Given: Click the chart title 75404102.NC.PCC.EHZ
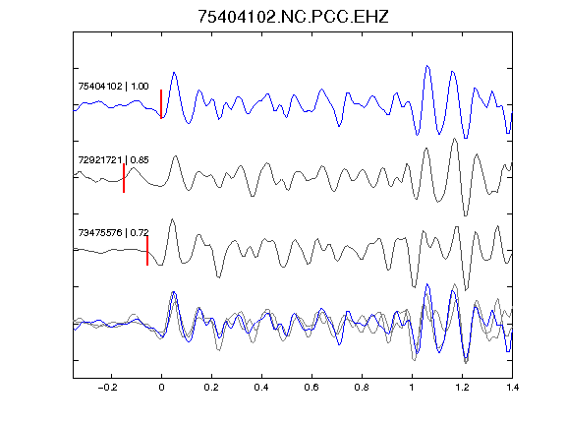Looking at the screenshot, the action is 293,17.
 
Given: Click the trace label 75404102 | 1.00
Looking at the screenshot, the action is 113,87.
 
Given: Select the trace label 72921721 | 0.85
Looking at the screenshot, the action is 113,160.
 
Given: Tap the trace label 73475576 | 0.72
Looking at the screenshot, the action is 113,233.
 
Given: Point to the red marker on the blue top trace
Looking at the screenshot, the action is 161,104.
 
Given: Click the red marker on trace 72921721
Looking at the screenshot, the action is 124,178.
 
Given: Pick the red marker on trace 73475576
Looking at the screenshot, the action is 147,251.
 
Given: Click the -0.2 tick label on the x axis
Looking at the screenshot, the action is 108,388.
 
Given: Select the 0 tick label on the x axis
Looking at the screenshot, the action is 161,388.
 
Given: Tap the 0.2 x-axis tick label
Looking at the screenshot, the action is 211,388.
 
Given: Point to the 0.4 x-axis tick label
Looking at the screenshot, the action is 261,388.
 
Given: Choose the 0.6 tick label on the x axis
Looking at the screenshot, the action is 311,388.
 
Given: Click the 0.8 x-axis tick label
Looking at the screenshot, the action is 362,388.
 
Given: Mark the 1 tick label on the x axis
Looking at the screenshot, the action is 412,388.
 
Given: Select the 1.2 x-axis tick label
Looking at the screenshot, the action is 462,388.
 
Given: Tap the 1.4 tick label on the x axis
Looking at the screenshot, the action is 512,388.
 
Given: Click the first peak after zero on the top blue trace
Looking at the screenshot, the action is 174,73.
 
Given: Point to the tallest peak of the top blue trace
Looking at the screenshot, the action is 427,66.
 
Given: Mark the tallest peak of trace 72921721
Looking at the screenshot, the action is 455,139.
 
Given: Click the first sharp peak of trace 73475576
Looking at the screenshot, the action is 172,219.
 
